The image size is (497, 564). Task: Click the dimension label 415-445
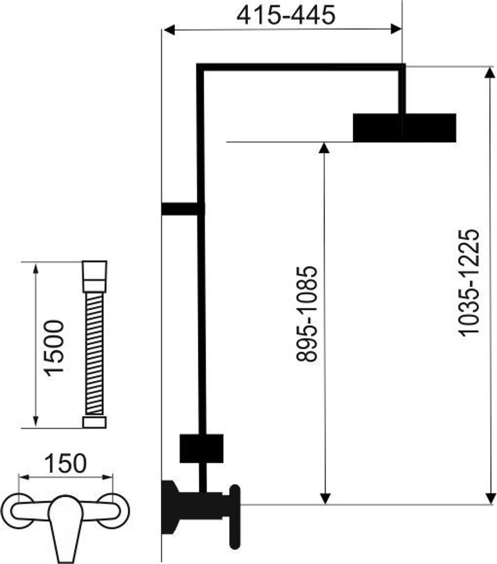(x=286, y=15)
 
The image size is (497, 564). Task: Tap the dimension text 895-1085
(x=307, y=313)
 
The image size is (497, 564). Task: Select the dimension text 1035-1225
(x=468, y=283)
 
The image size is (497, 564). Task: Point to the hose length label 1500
(x=53, y=348)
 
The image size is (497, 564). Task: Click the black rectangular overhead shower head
(x=404, y=128)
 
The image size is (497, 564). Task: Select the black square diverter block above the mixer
(x=202, y=448)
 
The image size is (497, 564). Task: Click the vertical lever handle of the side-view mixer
(x=235, y=517)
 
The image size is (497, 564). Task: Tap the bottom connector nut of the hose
(x=94, y=422)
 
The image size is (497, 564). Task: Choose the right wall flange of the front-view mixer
(x=112, y=511)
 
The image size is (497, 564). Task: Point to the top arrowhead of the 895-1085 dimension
(x=324, y=148)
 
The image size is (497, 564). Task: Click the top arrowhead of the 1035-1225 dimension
(x=489, y=72)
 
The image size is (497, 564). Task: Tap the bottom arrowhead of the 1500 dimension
(x=35, y=421)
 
